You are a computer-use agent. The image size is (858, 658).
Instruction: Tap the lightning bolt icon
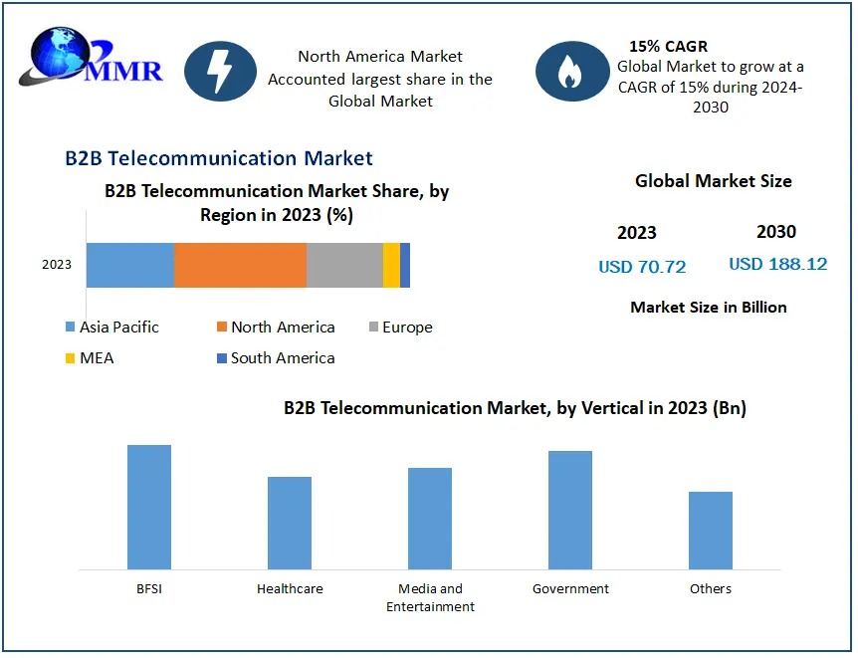220,71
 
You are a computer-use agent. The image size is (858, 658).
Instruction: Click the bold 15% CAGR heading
668,46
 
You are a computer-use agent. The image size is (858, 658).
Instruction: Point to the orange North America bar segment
240,265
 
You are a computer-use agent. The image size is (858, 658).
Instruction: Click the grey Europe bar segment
344,265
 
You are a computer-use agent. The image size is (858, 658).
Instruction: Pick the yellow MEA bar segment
391,265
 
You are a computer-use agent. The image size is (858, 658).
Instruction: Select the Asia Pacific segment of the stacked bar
129,265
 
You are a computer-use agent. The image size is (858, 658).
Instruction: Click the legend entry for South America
275,358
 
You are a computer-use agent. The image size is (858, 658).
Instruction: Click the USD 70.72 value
642,267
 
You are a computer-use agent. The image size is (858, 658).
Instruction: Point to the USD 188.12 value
777,265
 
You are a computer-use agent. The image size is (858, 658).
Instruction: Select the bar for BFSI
149,507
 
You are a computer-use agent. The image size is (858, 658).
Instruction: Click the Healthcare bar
290,523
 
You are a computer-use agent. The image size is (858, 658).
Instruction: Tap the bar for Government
570,510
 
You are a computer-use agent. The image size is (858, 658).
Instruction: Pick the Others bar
711,530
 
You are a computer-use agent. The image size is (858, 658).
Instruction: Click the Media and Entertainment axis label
430,597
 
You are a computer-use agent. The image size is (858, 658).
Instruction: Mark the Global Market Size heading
713,181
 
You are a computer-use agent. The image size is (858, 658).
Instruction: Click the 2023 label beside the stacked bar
57,265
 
